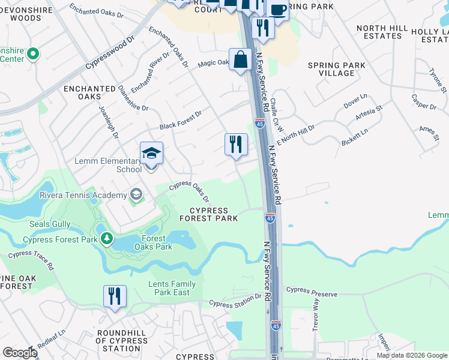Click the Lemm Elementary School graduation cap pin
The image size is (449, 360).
(151, 154)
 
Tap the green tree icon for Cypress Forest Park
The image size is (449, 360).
(107, 239)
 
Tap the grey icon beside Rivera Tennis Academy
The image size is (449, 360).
(136, 194)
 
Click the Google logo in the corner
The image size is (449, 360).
(19, 353)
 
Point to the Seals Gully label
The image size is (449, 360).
(50, 224)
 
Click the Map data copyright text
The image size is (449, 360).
(412, 355)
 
